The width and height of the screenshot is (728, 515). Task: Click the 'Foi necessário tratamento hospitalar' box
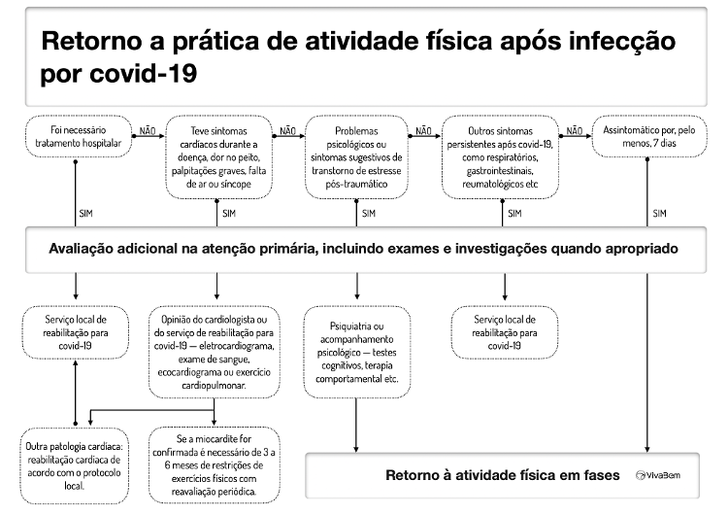click(x=78, y=136)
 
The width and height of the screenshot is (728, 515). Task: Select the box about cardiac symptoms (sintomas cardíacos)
click(x=218, y=157)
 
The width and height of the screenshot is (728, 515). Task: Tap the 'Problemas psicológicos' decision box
click(x=356, y=157)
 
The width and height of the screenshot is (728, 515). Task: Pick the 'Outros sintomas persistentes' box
click(x=500, y=157)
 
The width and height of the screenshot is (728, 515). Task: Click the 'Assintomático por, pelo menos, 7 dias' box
click(x=649, y=136)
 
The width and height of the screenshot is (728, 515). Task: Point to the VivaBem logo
click(x=658, y=475)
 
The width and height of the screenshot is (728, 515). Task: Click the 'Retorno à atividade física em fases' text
click(x=503, y=475)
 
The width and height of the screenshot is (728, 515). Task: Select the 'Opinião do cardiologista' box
click(x=215, y=352)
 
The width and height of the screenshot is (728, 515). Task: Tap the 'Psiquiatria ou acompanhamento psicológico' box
click(x=356, y=352)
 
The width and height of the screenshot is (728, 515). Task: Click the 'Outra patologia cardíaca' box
click(x=74, y=465)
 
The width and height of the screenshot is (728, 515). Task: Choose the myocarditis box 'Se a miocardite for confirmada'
click(x=215, y=464)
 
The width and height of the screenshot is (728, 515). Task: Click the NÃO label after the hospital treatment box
click(x=148, y=131)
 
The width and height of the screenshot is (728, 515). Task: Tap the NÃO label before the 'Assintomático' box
click(x=575, y=131)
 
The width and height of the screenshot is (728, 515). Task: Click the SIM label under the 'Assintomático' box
click(x=659, y=214)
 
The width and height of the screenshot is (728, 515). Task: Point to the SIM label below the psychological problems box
click(x=369, y=214)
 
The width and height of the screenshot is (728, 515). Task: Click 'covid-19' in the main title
click(x=144, y=73)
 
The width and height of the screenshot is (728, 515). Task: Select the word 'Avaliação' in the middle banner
click(x=81, y=249)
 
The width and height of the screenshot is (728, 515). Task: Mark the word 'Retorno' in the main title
click(x=91, y=41)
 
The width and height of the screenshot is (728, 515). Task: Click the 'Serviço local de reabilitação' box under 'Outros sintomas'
click(x=505, y=332)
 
